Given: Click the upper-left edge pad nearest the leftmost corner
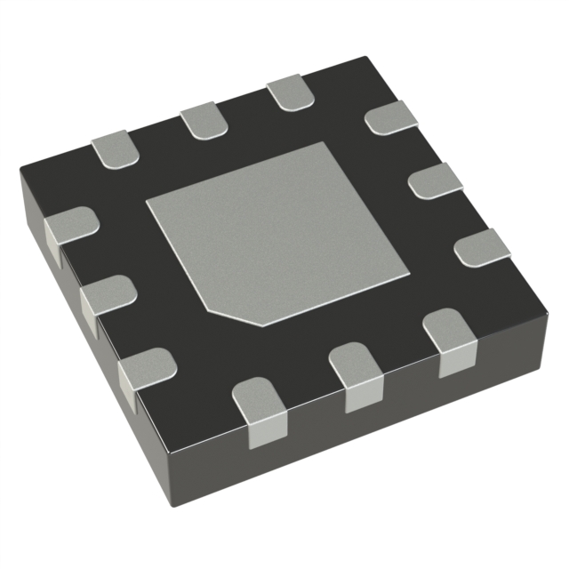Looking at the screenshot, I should pyautogui.click(x=115, y=147).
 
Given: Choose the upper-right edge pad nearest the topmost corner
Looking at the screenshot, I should pyautogui.click(x=391, y=116).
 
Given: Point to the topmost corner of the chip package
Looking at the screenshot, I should pyautogui.click(x=366, y=58).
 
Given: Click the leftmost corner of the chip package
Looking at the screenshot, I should pyautogui.click(x=20, y=173).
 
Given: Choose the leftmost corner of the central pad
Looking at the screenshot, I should pyautogui.click(x=146, y=200).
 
